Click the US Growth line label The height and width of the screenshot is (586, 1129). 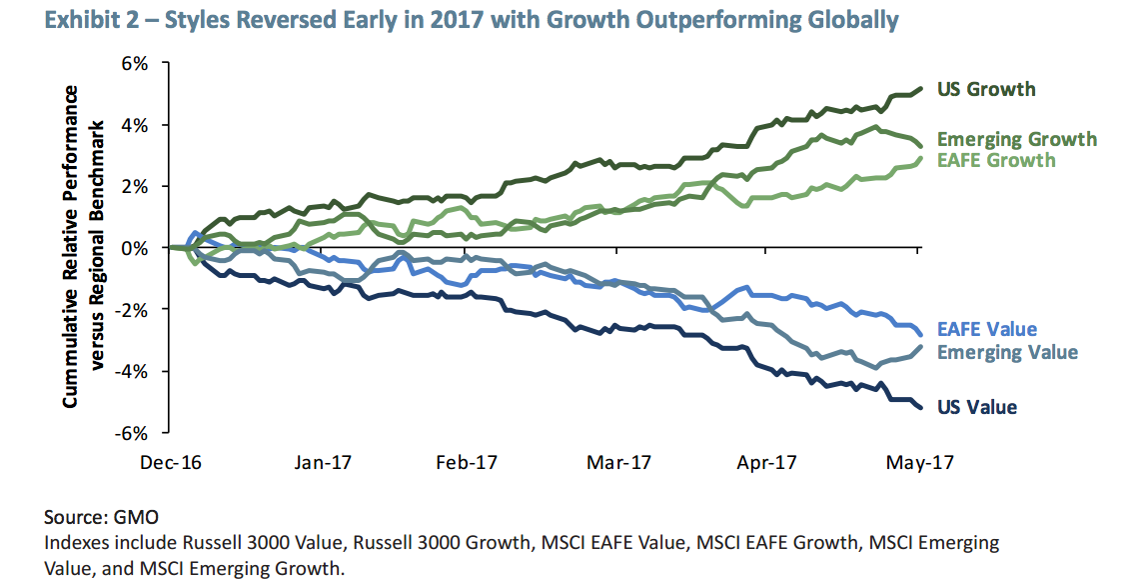click(x=985, y=89)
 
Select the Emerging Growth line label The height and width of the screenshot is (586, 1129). click(x=1015, y=140)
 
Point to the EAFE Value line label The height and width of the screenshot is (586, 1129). click(x=986, y=330)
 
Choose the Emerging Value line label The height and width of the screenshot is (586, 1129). click(x=1007, y=352)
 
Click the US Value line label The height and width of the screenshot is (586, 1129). click(x=976, y=407)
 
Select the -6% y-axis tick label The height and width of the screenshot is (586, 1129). click(x=132, y=433)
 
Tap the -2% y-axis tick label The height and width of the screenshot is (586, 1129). click(x=132, y=310)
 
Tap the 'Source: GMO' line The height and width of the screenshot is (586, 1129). click(x=101, y=518)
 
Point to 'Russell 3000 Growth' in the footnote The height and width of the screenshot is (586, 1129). click(x=470, y=543)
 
